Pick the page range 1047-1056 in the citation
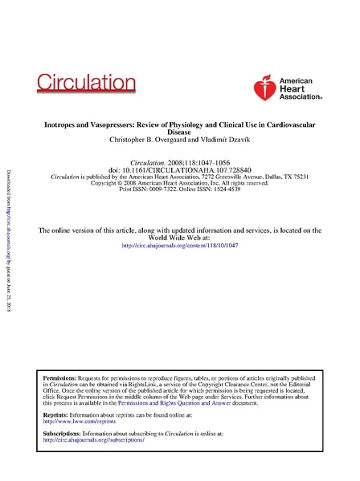point(215,161)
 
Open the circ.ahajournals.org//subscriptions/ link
point(93,440)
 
